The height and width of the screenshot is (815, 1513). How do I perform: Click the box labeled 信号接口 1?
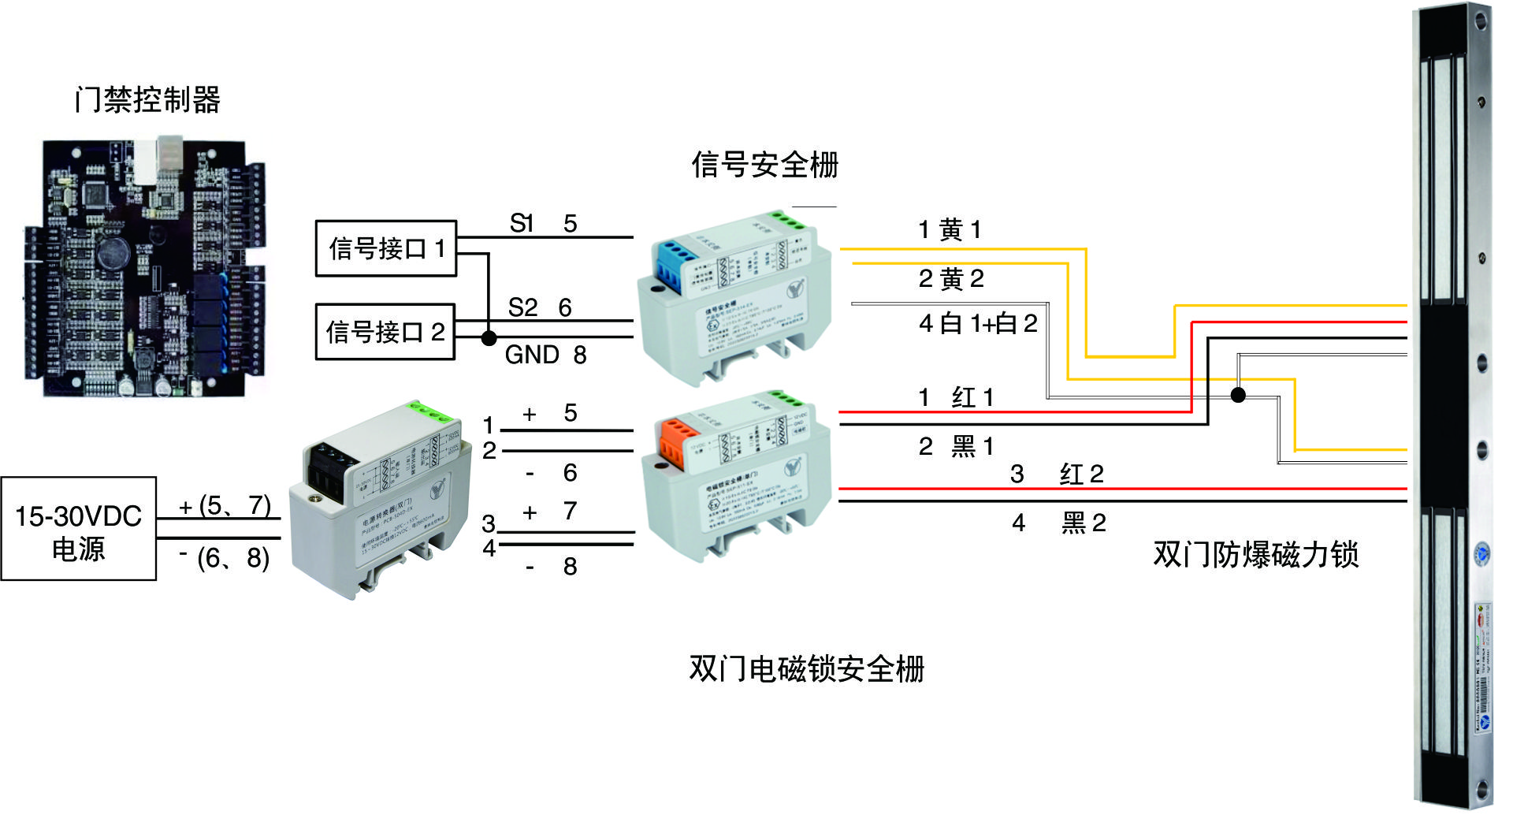(385, 248)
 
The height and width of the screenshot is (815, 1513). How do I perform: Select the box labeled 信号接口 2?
(385, 332)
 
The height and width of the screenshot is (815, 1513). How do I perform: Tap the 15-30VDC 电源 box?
(78, 529)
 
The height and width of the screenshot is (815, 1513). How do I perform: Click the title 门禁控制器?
(147, 100)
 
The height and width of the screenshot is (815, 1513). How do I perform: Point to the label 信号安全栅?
(764, 165)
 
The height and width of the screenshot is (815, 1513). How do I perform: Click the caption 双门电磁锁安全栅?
(806, 668)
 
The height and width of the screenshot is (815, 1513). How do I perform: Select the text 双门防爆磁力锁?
(1255, 554)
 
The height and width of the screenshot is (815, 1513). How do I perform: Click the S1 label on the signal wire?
(522, 224)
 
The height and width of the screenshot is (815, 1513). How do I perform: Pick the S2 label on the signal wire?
(522, 307)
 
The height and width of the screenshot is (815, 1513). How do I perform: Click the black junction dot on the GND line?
(489, 338)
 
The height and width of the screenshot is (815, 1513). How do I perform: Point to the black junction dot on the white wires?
(1238, 394)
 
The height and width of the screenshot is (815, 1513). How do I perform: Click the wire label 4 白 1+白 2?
(977, 323)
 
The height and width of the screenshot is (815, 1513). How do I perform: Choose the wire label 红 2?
(1081, 474)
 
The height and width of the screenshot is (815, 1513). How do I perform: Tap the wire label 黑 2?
(1084, 523)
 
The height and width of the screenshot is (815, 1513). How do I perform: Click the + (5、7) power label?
(225, 505)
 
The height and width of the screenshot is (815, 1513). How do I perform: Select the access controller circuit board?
(144, 268)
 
